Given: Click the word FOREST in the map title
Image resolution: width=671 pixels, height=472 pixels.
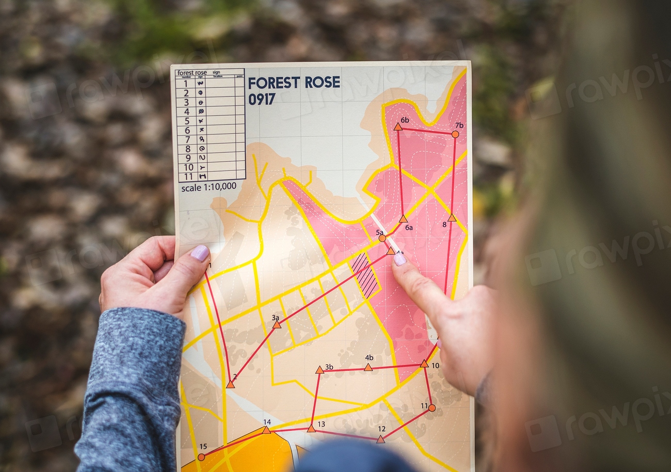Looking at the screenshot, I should coord(273,83).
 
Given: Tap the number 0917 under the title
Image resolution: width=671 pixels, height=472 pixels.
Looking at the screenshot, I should coord(262,99).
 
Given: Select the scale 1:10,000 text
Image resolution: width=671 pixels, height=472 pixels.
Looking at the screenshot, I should coord(209,187).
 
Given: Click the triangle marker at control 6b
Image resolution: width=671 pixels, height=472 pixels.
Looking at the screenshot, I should coord(397,127).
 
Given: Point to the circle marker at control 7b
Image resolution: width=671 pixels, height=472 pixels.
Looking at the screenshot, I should coord(455,134).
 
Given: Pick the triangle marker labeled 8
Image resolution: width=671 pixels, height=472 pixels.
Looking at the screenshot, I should coord(452,218).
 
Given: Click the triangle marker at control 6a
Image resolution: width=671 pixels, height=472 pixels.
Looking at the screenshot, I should coord(403,219).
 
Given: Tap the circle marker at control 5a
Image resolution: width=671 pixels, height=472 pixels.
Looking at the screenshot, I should coord(382,238).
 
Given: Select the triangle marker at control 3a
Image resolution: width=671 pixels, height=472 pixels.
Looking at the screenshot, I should coord(277,325).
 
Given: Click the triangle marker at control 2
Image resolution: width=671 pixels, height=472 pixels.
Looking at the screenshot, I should coord(230,384).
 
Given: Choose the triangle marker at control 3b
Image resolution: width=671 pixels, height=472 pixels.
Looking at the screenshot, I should coord(319,370).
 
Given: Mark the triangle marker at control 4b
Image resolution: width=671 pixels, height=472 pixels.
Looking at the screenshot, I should coord(368,367).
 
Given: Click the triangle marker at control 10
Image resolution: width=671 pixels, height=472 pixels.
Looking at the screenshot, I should coord(424,364).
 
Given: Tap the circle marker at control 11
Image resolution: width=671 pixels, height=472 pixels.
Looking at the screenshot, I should coord(432,408).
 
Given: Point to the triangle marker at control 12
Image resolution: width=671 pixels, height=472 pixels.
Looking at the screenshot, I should coord(380,439).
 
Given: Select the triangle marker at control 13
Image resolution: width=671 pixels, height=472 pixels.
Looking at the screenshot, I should coord(311,428).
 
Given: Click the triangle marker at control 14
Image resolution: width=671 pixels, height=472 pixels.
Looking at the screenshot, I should coord(266,430).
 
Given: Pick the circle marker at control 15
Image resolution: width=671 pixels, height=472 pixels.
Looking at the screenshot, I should coord(201,457).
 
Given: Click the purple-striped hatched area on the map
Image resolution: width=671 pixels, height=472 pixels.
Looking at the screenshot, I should coord(365,274).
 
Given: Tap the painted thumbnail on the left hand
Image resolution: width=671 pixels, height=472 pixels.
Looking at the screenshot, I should coord(200,253).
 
